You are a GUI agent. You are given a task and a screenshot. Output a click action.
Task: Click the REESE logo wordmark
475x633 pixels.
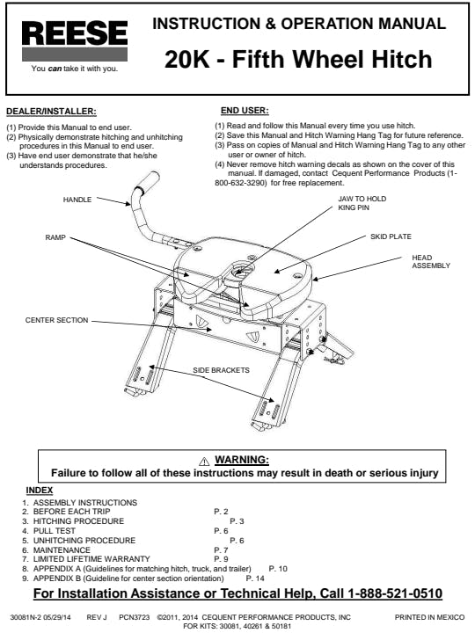pos(75,33)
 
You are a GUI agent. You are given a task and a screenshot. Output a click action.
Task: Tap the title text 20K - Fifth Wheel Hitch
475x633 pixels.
pos(298,59)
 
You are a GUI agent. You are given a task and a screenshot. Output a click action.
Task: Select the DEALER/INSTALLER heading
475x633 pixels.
pos(51,111)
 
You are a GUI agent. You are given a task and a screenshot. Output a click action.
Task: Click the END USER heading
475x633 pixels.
pos(245,110)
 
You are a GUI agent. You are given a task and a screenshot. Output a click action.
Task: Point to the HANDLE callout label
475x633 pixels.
pos(77,200)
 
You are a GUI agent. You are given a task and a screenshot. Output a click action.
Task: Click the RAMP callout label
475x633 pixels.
pos(55,237)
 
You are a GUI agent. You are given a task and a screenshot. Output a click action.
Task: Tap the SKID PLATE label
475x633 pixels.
pos(391,236)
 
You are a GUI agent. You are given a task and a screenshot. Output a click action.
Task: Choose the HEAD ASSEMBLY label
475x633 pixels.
pos(430,262)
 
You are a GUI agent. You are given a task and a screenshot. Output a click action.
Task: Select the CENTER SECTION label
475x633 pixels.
pos(56,320)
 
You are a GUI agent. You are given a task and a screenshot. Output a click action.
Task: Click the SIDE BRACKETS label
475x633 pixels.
pos(221,370)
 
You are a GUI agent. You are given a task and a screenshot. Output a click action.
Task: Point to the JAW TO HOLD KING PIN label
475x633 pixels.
pos(362,203)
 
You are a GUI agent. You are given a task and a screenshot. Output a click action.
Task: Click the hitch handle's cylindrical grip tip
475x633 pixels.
pos(148,181)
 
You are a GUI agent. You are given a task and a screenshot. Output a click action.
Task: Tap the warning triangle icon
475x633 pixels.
pos(204,461)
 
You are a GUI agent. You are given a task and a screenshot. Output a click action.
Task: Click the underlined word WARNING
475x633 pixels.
pos(242,460)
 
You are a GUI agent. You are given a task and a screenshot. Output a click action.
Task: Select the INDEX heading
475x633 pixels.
pos(40,490)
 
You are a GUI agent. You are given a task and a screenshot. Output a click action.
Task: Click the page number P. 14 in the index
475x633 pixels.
pos(255,578)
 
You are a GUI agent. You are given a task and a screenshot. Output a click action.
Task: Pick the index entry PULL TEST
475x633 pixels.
pos(55,531)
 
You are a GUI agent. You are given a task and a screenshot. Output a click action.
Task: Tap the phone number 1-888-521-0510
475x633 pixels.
pos(395,593)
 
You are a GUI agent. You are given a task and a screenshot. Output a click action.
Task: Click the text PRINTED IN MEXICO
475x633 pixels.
pos(429,617)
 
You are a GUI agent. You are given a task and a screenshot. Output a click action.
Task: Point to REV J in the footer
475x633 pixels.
pos(97,617)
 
